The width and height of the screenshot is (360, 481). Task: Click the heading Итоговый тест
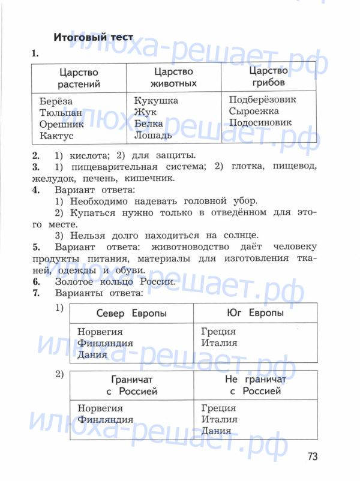tap(93, 37)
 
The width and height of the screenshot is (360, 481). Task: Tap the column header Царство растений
tap(79, 79)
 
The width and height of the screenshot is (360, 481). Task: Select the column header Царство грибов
tap(269, 76)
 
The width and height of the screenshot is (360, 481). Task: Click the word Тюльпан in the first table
tap(61, 113)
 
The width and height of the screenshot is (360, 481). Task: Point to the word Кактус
tap(57, 136)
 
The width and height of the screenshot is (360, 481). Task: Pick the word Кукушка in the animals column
tap(156, 101)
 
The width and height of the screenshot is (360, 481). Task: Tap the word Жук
tap(145, 112)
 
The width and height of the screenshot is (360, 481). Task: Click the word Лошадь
tap(153, 135)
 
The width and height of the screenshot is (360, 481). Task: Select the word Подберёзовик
tap(263, 100)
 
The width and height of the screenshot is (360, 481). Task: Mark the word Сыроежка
tap(254, 111)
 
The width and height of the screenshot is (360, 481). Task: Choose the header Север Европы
tap(131, 314)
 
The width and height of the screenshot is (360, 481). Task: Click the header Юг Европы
tap(256, 313)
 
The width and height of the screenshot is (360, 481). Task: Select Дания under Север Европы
tap(92, 354)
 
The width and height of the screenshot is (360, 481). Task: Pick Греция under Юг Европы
tap(218, 332)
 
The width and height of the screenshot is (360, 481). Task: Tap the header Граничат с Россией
tap(131, 386)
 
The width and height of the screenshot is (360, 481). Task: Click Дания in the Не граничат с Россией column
tap(217, 431)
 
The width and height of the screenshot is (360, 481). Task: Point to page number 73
tap(312, 457)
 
